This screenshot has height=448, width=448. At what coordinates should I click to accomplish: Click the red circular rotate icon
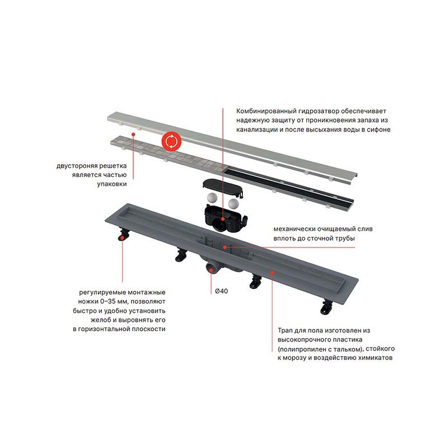click(x=171, y=142)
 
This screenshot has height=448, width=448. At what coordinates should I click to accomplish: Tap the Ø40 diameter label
click(x=221, y=291)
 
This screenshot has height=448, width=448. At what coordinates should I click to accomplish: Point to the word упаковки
click(x=111, y=184)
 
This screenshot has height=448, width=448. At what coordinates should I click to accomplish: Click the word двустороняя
click(x=76, y=166)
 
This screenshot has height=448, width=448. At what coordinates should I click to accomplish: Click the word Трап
click(x=286, y=330)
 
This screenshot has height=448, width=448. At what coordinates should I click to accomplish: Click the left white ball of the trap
click(x=212, y=198)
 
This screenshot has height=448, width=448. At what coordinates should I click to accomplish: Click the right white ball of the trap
click(x=234, y=203)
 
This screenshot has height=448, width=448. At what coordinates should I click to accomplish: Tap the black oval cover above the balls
click(x=223, y=186)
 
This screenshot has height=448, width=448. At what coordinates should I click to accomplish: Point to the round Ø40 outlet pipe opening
click(x=211, y=269)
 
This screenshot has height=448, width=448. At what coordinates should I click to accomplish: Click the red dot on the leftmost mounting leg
click(x=122, y=237)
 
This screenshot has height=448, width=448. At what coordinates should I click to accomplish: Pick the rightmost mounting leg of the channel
click(x=326, y=307)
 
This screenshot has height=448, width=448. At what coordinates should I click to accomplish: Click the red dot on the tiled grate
click(x=133, y=134)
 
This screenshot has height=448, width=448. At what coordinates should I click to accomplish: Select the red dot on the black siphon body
click(x=223, y=219)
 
